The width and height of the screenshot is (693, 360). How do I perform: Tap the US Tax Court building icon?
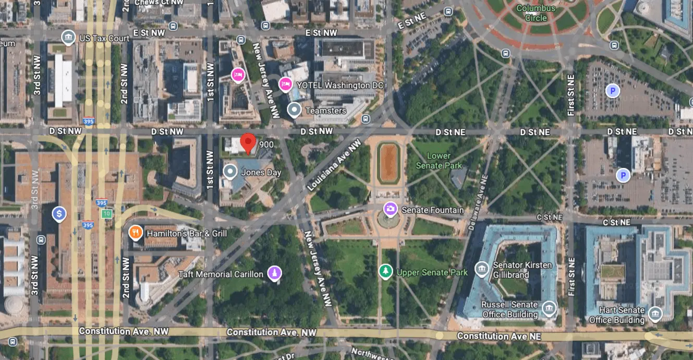(68, 38)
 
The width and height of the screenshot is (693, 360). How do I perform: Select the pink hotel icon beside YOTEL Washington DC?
(285, 84)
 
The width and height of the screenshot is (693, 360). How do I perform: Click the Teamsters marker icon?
(295, 110)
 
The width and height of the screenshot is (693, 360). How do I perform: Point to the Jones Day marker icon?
(230, 172)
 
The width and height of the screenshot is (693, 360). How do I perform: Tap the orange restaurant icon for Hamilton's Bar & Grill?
(136, 233)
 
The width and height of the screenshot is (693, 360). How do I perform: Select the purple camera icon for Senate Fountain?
(390, 210)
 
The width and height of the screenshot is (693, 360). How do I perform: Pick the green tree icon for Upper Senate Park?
(385, 271)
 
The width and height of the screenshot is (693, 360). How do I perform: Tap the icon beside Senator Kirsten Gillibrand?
(482, 269)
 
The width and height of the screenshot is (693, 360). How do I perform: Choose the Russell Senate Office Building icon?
(549, 309)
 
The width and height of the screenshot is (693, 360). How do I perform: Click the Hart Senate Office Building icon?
(655, 314)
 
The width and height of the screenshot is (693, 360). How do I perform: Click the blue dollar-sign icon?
(59, 213)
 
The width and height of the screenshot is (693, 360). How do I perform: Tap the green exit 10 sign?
(107, 214)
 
